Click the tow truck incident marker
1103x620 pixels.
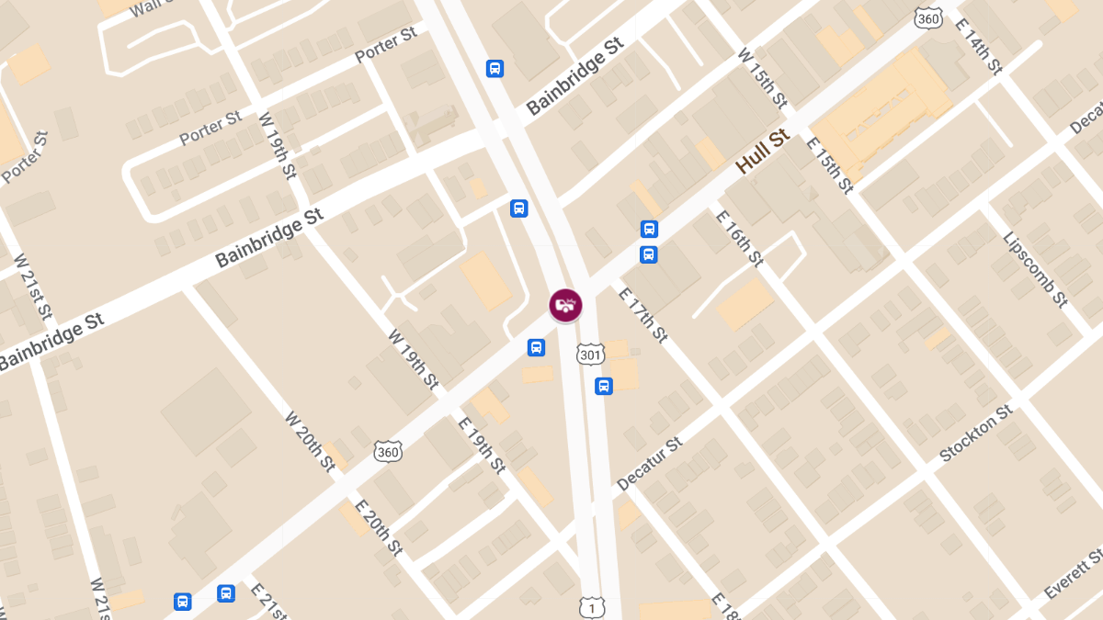pyautogui.click(x=566, y=305)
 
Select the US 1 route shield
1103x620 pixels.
pyautogui.click(x=593, y=607)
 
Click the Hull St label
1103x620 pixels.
pyautogui.click(x=763, y=152)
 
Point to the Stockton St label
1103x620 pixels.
pyautogui.click(x=975, y=434)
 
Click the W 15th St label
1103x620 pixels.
pyautogui.click(x=763, y=78)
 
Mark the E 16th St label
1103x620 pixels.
pyautogui.click(x=740, y=238)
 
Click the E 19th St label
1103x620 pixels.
pyautogui.click(x=482, y=445)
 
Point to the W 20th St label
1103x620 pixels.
pyautogui.click(x=310, y=442)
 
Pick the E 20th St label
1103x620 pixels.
pyautogui.click(x=379, y=527)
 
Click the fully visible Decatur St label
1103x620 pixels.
pyautogui.click(x=650, y=463)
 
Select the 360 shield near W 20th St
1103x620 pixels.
pyautogui.click(x=388, y=451)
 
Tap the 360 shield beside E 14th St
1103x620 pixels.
pyautogui.click(x=928, y=17)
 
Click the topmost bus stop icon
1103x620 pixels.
pyautogui.click(x=495, y=68)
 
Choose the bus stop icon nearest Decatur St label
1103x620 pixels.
pyautogui.click(x=604, y=386)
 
